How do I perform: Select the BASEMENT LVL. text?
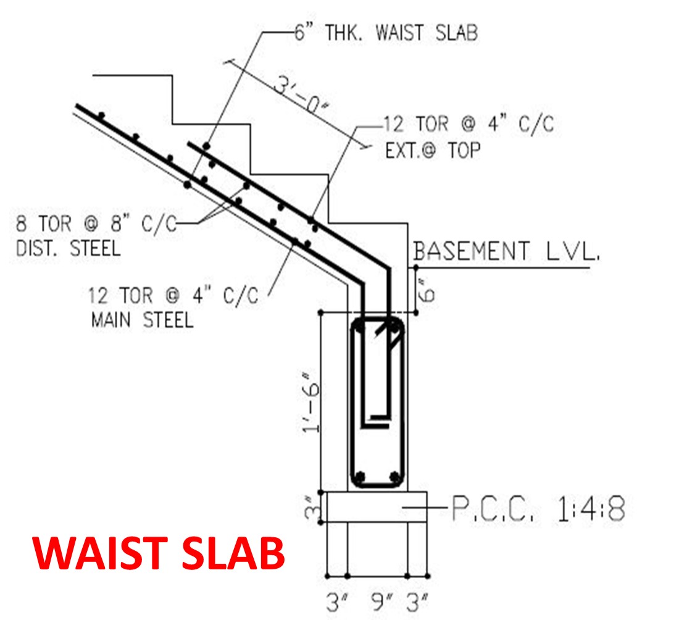pyautogui.click(x=506, y=251)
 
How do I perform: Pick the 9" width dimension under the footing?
pyautogui.click(x=378, y=603)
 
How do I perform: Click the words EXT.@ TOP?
pyautogui.click(x=432, y=150)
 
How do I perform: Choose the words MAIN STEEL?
pyautogui.click(x=142, y=320)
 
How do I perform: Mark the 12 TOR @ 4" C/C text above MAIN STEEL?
pyautogui.click(x=173, y=295)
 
